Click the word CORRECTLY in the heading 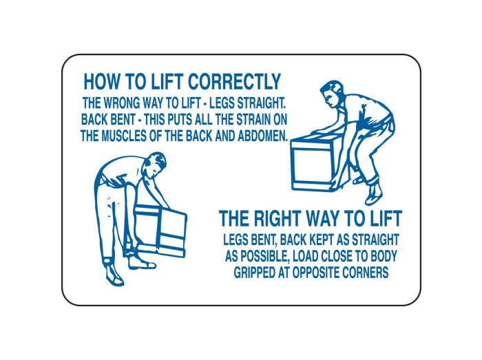coord(234,82)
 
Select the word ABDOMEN coord(263,136)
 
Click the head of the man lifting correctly coord(331,94)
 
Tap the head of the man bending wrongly coord(155,165)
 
